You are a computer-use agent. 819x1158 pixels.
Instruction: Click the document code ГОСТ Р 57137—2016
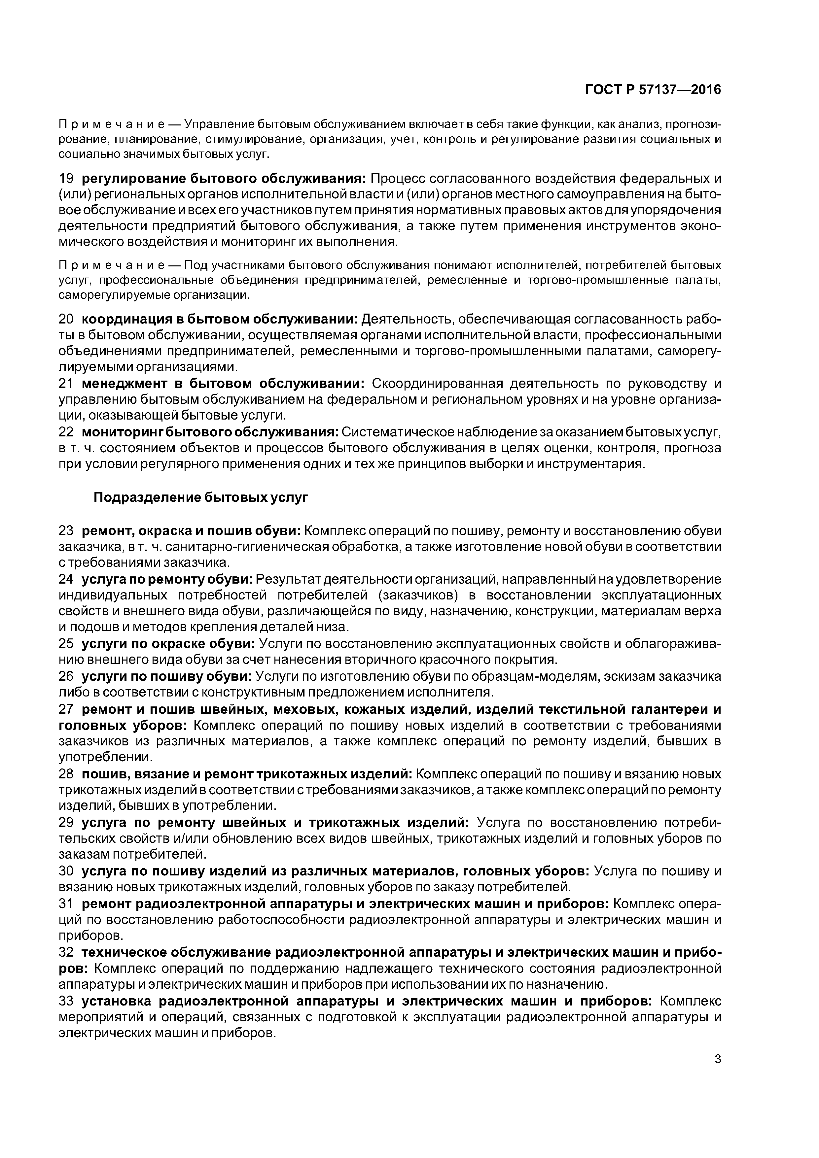pos(653,90)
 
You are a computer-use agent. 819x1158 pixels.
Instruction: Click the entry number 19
pos(67,179)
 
